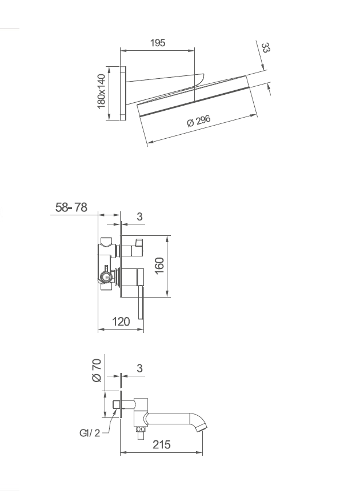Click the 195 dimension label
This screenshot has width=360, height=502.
[x=158, y=43]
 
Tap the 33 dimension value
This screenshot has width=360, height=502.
[x=266, y=48]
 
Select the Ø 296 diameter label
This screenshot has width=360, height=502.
[x=199, y=121]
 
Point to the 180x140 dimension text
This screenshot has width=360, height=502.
[x=101, y=91]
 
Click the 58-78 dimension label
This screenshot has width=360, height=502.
[x=71, y=207]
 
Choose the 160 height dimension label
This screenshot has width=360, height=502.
[x=159, y=266]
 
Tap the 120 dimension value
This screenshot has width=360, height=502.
[x=121, y=322]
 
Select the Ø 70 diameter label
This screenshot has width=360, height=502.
[x=97, y=371]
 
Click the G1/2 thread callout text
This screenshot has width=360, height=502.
[x=90, y=433]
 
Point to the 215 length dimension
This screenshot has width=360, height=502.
[x=161, y=444]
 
